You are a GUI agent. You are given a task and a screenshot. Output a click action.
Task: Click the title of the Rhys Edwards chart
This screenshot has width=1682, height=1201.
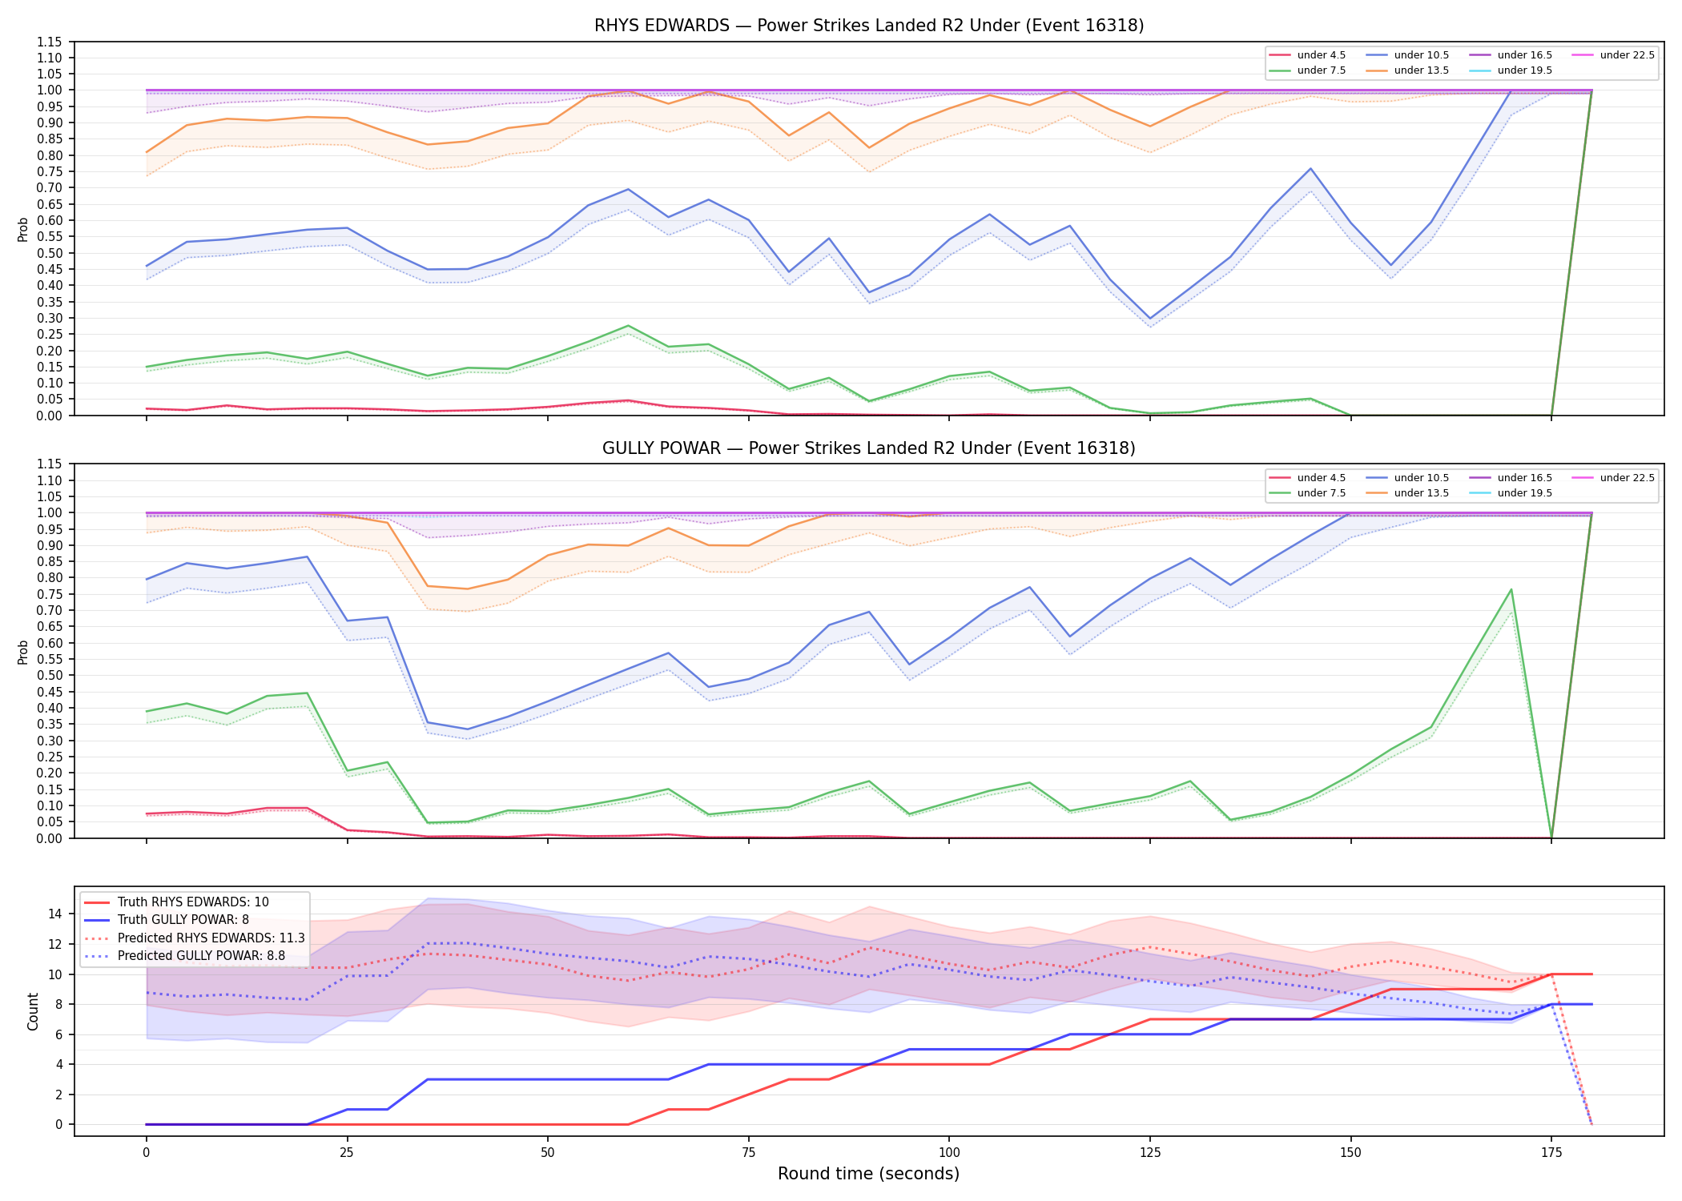869,26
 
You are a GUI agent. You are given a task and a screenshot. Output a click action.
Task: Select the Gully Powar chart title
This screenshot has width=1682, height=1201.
869,448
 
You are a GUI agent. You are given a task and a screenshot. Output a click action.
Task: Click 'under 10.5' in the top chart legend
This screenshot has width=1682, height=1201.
1421,55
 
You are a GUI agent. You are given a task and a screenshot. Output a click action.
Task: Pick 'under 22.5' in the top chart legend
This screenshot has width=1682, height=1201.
1627,55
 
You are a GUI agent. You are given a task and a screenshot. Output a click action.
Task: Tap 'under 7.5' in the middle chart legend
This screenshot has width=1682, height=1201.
1322,493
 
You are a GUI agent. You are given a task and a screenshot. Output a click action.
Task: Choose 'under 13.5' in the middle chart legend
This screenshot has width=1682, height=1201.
1421,493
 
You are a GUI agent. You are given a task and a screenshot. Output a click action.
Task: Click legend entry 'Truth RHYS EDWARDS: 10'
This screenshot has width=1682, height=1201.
193,902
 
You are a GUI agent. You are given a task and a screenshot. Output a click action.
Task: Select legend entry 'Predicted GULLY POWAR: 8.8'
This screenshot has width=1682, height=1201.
201,955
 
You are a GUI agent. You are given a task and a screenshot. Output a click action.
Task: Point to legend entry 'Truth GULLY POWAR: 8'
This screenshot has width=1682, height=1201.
183,920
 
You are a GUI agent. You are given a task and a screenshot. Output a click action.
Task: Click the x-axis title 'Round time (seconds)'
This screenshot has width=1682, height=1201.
868,1174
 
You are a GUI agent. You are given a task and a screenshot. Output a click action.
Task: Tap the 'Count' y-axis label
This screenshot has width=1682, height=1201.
33,1011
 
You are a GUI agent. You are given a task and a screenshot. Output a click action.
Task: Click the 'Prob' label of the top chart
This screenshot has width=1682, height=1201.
23,230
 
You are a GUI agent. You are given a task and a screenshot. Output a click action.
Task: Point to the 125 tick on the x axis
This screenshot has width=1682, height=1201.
1149,1153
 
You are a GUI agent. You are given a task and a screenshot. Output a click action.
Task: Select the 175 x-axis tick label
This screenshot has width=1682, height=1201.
1551,1153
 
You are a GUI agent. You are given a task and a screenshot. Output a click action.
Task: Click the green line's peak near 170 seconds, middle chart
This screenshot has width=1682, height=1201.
1511,589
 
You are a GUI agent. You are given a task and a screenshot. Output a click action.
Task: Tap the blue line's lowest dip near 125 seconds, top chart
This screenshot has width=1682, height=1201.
1150,319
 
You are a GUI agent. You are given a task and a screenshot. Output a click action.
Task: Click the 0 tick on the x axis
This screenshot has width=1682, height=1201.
146,1153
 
